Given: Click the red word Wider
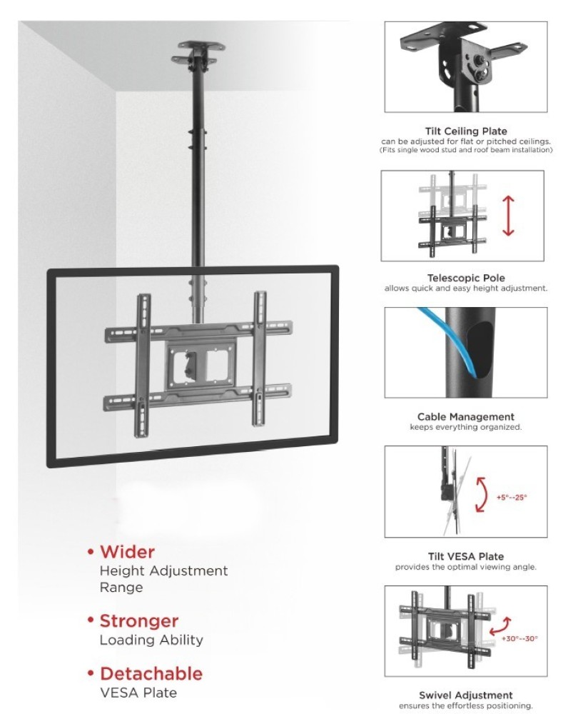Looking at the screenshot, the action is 127,552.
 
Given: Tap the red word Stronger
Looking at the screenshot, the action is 139,621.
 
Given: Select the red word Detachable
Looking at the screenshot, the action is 151,673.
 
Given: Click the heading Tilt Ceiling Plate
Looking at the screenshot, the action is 466,131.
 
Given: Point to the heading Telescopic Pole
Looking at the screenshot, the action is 466,278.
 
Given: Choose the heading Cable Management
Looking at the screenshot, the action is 465,417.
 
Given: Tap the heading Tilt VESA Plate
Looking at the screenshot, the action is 465,556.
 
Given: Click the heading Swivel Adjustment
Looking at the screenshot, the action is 465,695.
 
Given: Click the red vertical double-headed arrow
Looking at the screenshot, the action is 508,216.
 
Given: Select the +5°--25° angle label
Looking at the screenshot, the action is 512,497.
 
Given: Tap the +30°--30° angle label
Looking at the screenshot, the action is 519,638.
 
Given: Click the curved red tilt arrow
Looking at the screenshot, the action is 480,495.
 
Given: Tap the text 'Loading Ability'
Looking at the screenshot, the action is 151,640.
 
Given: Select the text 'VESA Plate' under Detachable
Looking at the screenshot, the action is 138,693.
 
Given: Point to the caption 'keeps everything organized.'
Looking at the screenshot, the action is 465,427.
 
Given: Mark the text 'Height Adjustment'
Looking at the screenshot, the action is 164,570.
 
